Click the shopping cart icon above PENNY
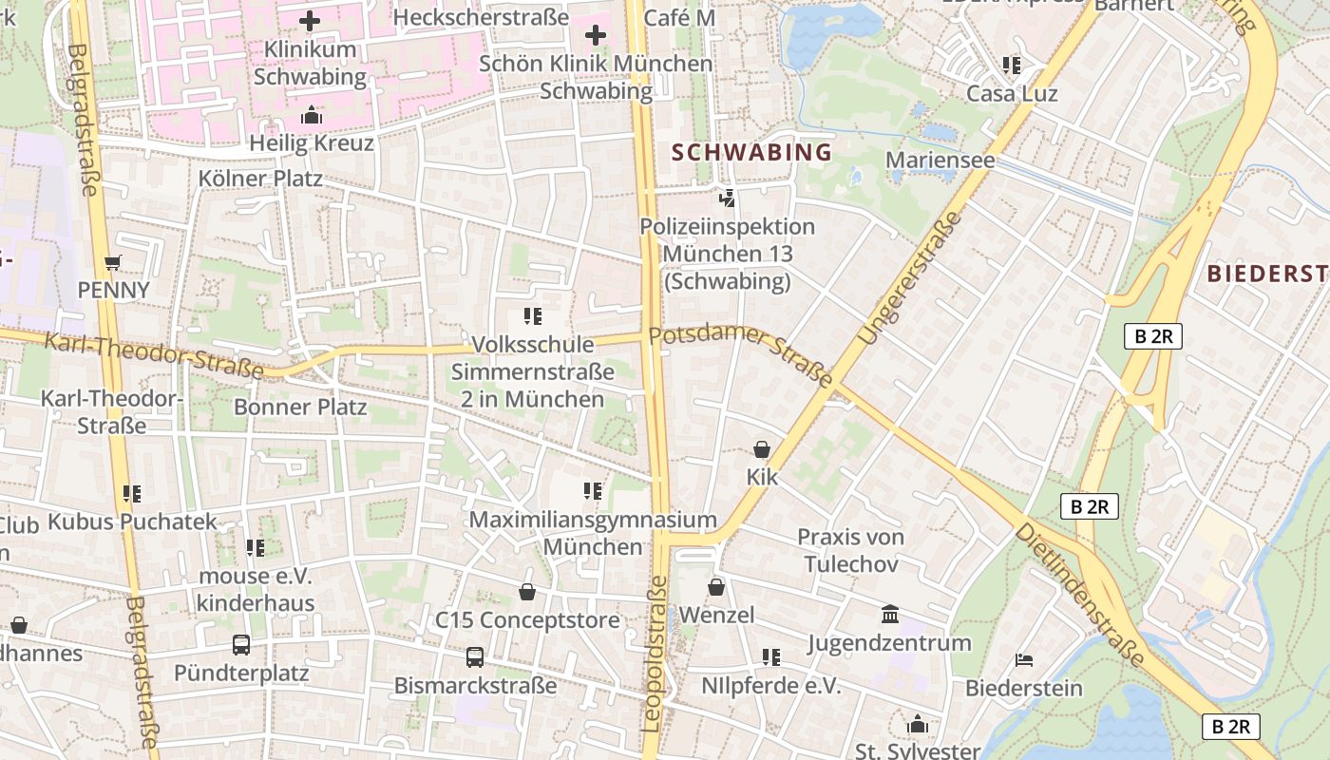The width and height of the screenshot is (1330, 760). (x=113, y=263)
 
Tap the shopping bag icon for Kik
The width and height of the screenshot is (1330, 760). (x=761, y=449)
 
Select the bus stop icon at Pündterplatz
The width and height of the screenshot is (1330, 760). (x=241, y=646)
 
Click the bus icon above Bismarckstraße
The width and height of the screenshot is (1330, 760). (x=475, y=657)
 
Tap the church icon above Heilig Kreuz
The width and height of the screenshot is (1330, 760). (x=311, y=116)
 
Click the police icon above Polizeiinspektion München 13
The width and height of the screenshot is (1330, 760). (x=727, y=199)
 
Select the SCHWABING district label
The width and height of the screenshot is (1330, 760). (x=751, y=152)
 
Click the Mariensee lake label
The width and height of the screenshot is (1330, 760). (x=940, y=160)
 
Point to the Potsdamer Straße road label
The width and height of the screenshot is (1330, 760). (x=741, y=356)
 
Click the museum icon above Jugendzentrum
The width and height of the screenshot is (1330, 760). (x=890, y=614)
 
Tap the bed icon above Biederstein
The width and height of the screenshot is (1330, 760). (x=1024, y=659)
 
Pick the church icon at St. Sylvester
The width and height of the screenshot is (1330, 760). (x=917, y=725)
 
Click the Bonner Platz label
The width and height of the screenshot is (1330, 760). (x=300, y=408)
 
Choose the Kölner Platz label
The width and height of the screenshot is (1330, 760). (x=260, y=179)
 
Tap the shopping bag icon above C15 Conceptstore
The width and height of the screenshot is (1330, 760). (x=527, y=593)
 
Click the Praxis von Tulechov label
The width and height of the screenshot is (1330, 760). (x=850, y=550)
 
